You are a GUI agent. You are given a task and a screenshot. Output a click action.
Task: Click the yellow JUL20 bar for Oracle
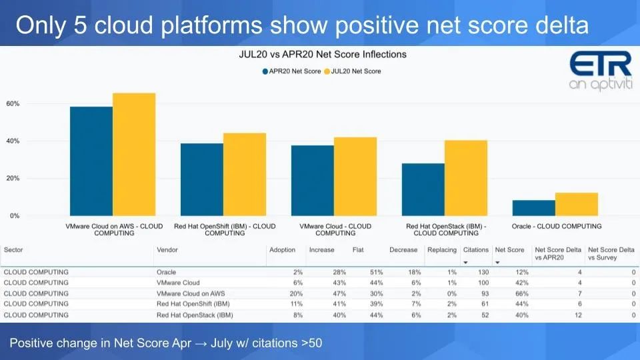(x=576, y=204)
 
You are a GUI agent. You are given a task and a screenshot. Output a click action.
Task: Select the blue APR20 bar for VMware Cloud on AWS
(x=91, y=161)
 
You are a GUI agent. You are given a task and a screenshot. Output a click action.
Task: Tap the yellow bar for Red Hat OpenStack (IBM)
(x=465, y=178)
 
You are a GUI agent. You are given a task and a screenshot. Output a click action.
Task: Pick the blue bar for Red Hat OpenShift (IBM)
(x=202, y=179)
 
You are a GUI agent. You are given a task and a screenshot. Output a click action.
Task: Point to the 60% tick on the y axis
(x=13, y=104)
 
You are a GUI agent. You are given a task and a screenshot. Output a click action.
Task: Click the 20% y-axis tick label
(x=13, y=179)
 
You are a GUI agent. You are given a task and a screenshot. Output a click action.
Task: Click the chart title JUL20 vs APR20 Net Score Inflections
(x=322, y=54)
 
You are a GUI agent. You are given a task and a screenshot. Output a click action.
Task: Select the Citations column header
(x=475, y=250)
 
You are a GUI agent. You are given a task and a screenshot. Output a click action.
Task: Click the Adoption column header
(x=282, y=250)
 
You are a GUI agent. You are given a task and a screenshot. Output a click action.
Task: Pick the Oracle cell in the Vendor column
(x=166, y=272)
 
